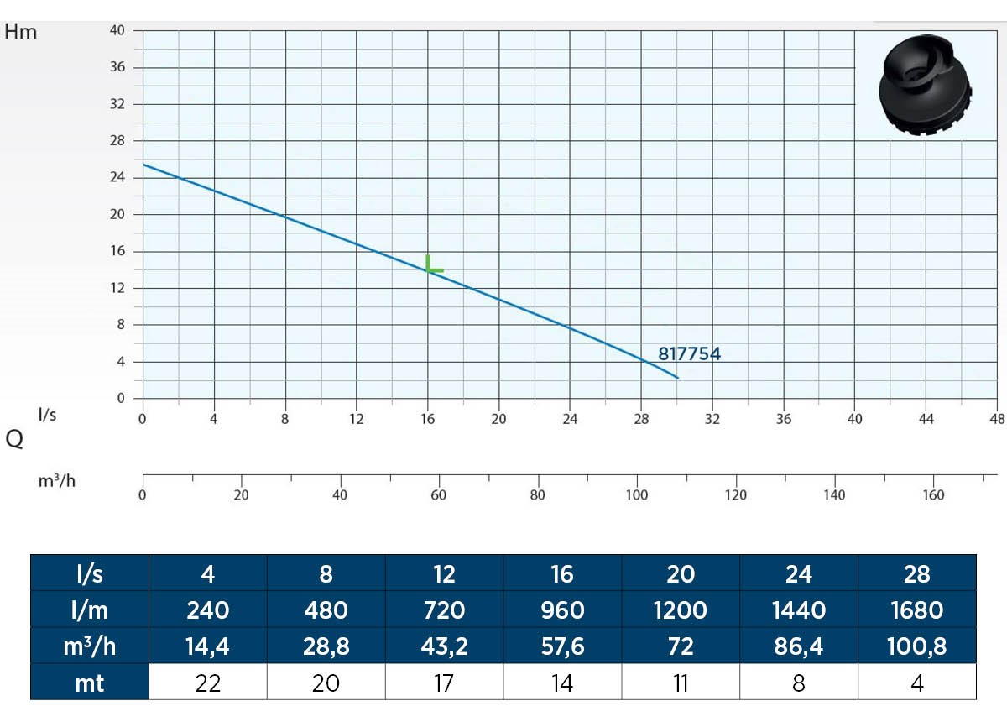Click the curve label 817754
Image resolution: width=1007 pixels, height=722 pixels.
(689, 354)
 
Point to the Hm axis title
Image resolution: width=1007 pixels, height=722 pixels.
(21, 33)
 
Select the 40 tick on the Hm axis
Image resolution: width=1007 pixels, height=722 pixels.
(118, 31)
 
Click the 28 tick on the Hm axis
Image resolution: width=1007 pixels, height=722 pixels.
(118, 141)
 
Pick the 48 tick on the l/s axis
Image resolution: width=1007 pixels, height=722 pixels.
(997, 419)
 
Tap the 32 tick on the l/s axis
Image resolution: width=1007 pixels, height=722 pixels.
(712, 419)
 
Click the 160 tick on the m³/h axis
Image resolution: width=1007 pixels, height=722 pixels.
(933, 495)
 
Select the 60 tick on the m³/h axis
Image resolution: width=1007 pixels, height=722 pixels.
(438, 495)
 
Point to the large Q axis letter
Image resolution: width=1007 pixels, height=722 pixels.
(14, 440)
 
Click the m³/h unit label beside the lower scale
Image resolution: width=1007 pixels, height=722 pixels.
(57, 482)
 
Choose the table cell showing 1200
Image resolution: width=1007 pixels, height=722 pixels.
(681, 610)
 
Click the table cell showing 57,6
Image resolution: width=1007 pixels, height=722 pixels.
(562, 646)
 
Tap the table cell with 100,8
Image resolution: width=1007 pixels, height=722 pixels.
(917, 646)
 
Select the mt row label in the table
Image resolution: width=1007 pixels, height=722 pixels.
(90, 683)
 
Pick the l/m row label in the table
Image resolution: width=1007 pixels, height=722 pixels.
(90, 610)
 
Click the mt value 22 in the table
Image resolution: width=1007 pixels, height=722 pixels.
(208, 683)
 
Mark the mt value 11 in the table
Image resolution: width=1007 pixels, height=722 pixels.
(681, 683)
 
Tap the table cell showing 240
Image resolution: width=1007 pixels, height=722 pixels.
(208, 610)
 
